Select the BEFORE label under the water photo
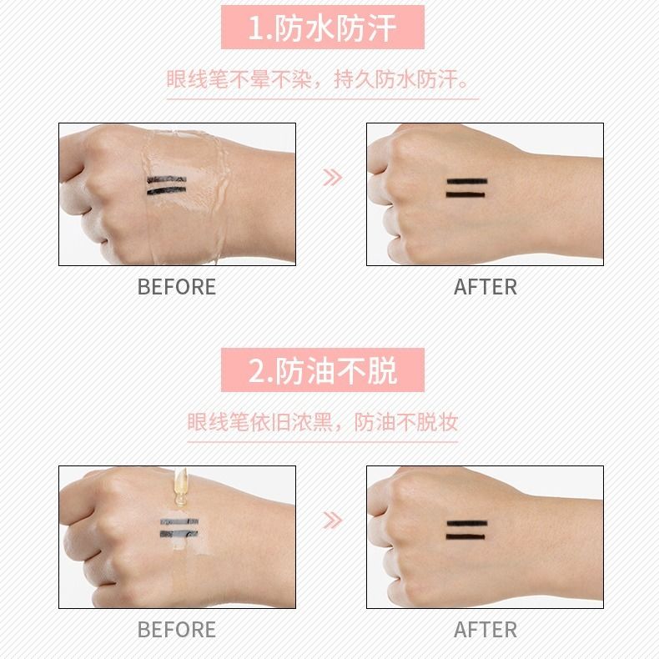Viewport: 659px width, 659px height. [176, 287]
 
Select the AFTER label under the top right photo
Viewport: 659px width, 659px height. [485, 287]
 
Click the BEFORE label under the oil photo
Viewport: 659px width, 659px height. [176, 629]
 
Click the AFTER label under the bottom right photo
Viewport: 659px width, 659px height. [485, 629]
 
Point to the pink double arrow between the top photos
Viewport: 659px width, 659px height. [332, 177]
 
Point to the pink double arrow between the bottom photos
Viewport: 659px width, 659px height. [332, 521]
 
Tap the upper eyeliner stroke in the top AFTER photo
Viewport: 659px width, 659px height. [466, 180]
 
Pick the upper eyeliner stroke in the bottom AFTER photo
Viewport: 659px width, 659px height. [466, 523]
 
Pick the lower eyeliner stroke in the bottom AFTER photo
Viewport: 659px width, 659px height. [466, 537]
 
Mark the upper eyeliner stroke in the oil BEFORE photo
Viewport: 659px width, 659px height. [179, 523]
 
